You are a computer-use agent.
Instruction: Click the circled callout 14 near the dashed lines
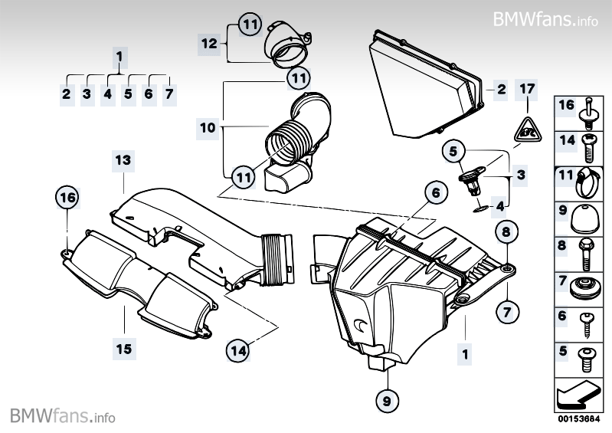238,350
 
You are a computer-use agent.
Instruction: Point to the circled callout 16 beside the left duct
68,198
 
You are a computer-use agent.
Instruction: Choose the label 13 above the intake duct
123,160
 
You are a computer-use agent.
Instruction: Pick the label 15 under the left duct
123,349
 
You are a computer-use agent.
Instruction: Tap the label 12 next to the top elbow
209,44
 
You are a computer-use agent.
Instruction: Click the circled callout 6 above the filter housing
434,193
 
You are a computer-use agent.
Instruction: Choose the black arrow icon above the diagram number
581,393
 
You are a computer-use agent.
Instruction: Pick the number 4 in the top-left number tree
108,94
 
